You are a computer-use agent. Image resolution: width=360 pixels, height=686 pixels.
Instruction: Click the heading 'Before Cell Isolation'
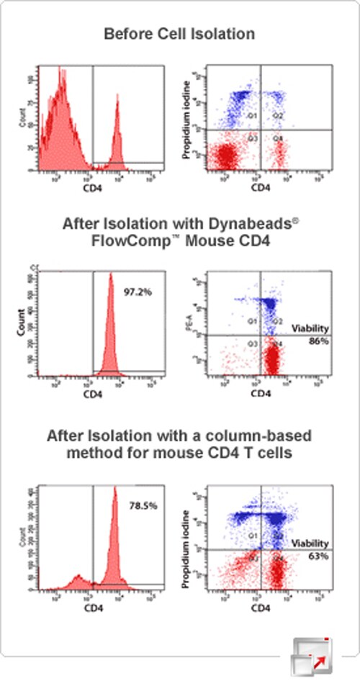click(180, 33)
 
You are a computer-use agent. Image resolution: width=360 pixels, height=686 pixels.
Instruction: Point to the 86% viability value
click(320, 340)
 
